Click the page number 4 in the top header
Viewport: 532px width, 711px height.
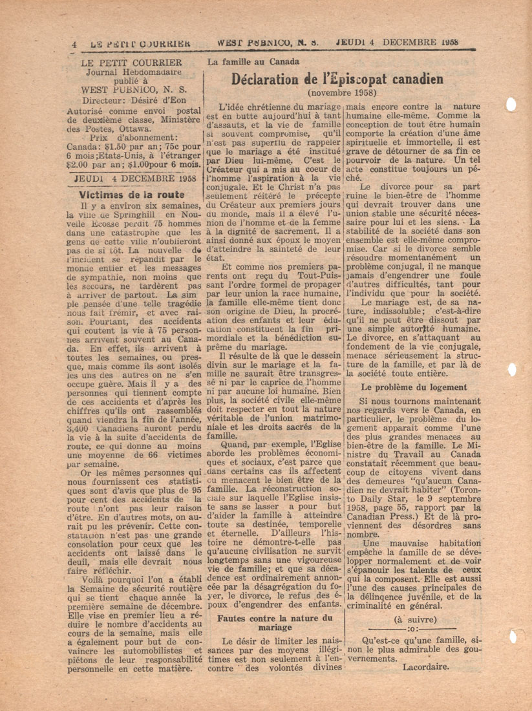point(76,45)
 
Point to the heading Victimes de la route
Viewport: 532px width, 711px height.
point(132,194)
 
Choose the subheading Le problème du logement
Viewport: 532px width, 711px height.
point(414,387)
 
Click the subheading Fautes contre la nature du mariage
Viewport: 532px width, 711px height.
point(275,622)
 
